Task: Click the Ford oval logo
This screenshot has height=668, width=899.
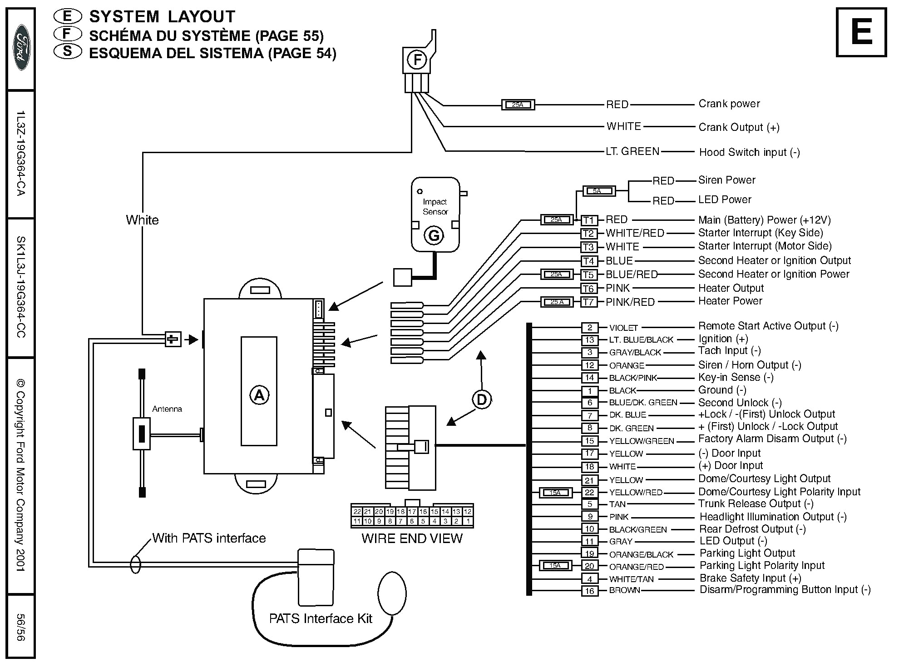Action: [21, 47]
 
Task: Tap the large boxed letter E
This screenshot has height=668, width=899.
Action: [861, 33]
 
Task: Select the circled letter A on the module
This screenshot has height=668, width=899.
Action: [259, 395]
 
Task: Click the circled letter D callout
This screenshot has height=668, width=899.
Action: [482, 400]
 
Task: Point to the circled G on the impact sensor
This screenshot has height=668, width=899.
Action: [434, 235]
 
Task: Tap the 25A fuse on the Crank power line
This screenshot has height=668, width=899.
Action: [518, 105]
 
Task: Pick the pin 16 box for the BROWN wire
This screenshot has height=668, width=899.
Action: [589, 591]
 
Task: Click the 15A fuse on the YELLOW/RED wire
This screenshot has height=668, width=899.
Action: [555, 493]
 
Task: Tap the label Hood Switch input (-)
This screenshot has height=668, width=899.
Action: [749, 152]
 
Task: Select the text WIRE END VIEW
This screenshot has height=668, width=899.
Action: [412, 538]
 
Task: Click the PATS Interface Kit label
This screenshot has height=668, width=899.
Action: [321, 618]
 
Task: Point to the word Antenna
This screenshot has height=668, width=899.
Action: [167, 409]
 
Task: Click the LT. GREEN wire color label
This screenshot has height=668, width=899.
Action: [632, 151]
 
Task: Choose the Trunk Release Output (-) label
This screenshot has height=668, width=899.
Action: [756, 503]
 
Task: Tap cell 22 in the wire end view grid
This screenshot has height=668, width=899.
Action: [357, 512]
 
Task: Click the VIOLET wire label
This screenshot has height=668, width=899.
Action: [623, 328]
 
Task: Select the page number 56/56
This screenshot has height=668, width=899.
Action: [20, 627]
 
